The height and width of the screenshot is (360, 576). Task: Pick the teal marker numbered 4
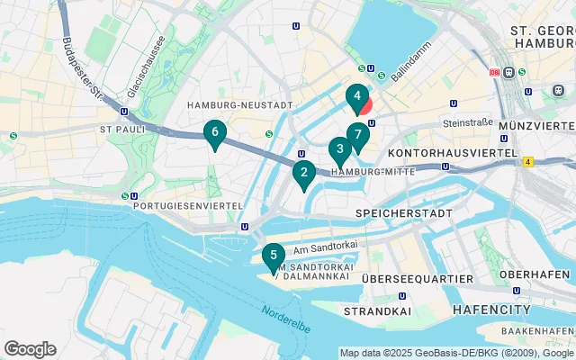pos(356,95)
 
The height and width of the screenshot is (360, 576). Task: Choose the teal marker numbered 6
pos(214,133)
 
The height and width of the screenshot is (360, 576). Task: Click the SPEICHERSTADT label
pos(401,212)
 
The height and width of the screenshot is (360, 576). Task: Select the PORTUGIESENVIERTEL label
pos(187,205)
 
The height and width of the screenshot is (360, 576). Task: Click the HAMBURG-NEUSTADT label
pos(239,105)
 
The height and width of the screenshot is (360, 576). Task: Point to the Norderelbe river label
pos(286,320)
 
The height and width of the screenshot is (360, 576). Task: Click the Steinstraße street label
pos(465,121)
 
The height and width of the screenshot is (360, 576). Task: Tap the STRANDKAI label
pos(399,310)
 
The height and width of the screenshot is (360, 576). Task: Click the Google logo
pos(30,349)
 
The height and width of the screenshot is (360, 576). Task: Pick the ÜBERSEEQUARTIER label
pos(417,280)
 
